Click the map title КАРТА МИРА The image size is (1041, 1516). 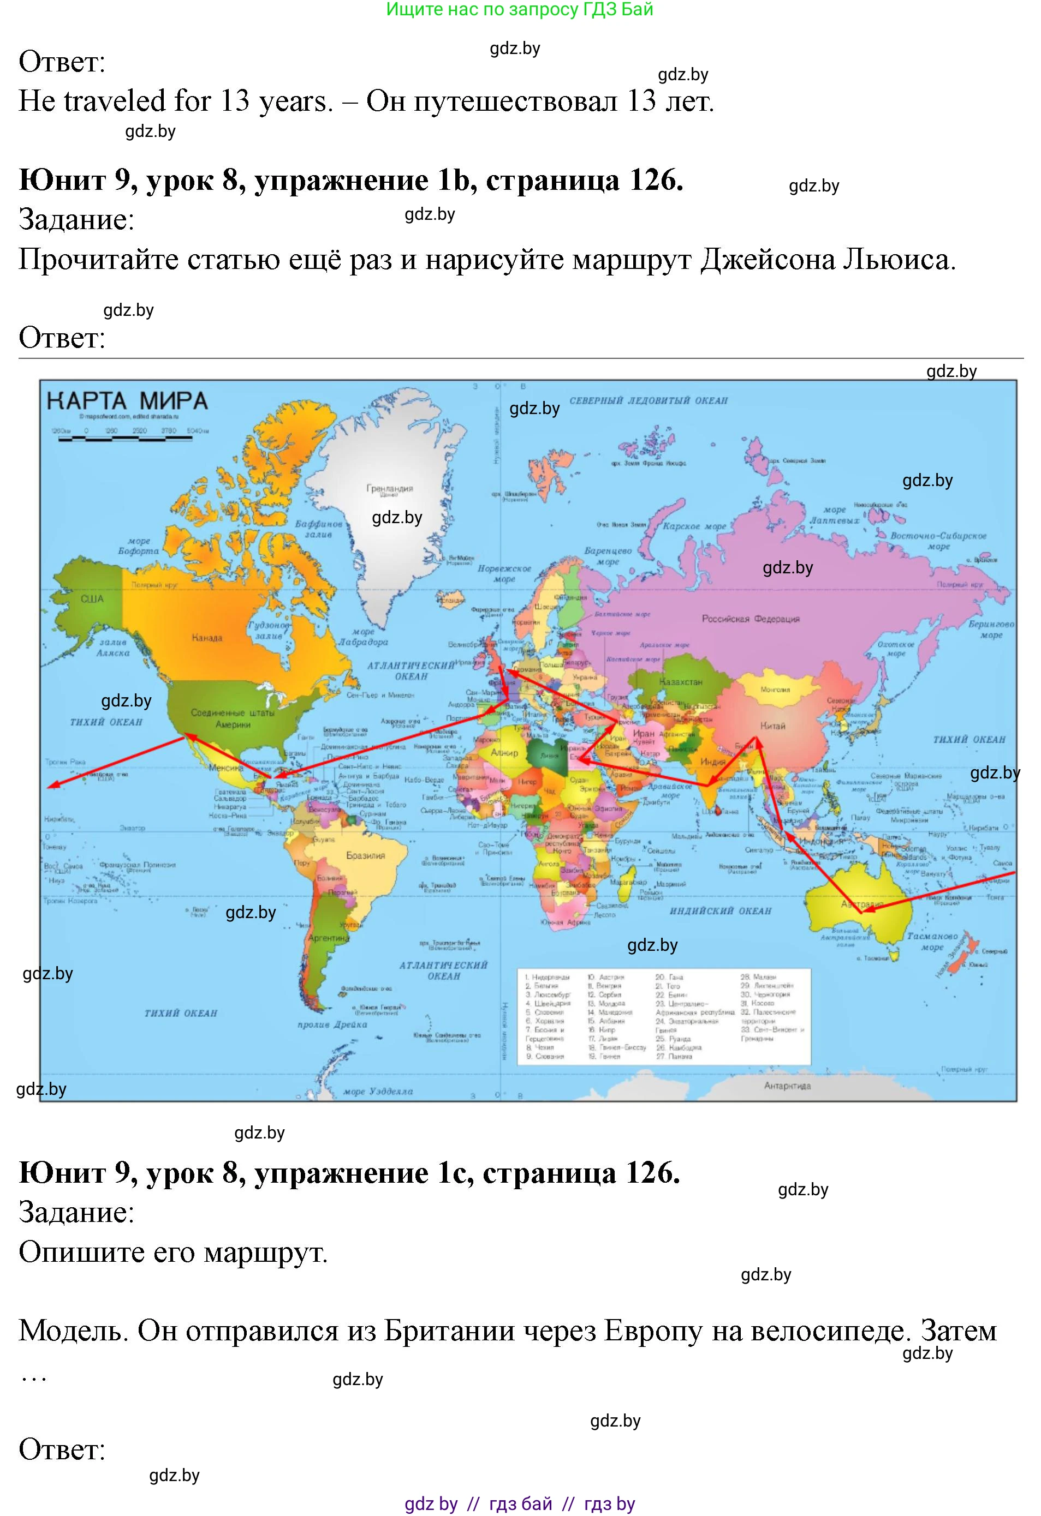coord(127,400)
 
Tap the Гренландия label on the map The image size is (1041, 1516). coord(389,488)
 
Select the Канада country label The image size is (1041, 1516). coord(207,637)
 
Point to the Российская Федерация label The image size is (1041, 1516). coord(751,619)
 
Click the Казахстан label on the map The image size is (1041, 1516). coord(681,682)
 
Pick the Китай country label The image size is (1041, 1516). coord(773,726)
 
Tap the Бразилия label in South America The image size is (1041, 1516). coord(365,855)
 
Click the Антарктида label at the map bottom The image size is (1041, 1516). coord(787,1086)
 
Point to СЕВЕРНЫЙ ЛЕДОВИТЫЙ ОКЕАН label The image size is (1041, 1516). coord(648,400)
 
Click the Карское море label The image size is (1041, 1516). coord(694,526)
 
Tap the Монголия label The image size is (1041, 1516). coord(775,690)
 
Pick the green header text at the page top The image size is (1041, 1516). coord(520,9)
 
